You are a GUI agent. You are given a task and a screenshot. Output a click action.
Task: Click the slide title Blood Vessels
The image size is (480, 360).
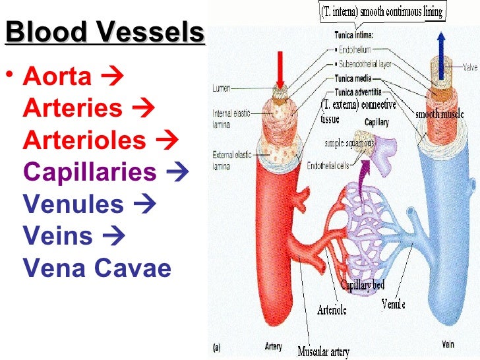[x=104, y=32]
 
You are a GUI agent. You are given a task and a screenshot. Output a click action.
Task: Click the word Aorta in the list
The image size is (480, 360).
[x=57, y=77]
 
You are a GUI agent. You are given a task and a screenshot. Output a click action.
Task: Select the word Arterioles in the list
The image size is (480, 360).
[x=84, y=140]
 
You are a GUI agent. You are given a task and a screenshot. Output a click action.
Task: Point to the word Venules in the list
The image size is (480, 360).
[x=73, y=204]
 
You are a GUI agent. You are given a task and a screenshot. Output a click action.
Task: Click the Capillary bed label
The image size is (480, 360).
[x=362, y=285]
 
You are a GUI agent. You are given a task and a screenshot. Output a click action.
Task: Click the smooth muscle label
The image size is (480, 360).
[x=437, y=113]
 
